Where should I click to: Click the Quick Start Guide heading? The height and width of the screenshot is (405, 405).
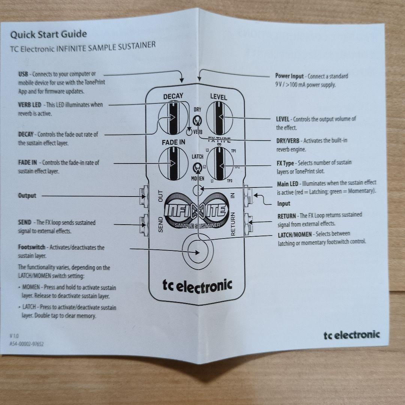[x=48, y=35]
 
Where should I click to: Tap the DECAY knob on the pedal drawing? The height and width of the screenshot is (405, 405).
[x=173, y=119]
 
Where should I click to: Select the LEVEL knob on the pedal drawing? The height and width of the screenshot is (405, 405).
[x=218, y=118]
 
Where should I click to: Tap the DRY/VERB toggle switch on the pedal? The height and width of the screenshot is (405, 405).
[x=196, y=120]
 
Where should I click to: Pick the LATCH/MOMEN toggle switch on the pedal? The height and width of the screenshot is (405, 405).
[x=196, y=167]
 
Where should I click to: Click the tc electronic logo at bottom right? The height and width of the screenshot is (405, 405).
[x=351, y=334]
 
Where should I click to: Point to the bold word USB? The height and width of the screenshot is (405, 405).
[x=23, y=74]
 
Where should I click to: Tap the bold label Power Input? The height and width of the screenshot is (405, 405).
[x=289, y=76]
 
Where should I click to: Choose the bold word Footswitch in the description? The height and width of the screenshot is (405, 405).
[x=31, y=247]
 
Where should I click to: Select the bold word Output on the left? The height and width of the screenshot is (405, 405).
[x=27, y=196]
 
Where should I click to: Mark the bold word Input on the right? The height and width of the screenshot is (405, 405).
[x=284, y=204]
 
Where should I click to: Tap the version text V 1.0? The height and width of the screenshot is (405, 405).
[x=14, y=336]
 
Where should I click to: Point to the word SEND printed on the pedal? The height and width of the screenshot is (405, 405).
[x=160, y=224]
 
